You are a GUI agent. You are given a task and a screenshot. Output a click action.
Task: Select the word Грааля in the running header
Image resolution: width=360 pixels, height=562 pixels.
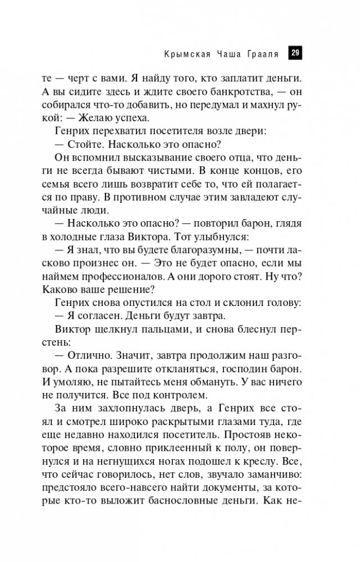262,54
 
